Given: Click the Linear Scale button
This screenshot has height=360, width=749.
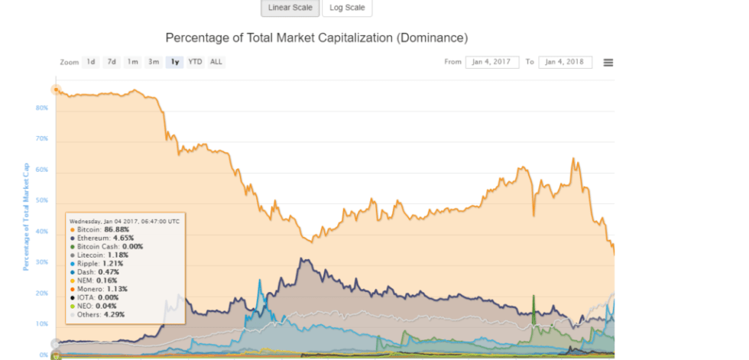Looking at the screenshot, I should [x=290, y=8].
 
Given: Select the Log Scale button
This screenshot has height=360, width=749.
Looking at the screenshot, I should [x=347, y=8].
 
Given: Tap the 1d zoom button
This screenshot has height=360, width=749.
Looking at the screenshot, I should [x=91, y=62].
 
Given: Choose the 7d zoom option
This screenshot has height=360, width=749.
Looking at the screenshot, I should [x=112, y=62].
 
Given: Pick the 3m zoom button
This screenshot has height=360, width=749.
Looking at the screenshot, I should [x=154, y=62].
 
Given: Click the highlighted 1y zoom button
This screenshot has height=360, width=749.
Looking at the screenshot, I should [x=175, y=62].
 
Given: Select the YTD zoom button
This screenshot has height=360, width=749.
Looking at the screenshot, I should [x=196, y=62].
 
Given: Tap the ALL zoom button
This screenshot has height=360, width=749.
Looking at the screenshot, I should [x=216, y=62].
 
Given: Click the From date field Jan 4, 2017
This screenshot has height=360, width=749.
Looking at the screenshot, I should [x=491, y=62].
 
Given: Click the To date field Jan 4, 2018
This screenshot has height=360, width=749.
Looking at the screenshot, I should [x=565, y=62].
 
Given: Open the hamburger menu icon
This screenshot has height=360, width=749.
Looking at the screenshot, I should [x=608, y=62].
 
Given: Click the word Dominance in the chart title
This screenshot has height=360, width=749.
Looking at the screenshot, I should [x=430, y=37].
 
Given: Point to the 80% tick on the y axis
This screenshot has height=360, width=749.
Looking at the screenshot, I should [x=42, y=108].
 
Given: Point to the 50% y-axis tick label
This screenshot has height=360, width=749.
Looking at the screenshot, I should [x=42, y=201].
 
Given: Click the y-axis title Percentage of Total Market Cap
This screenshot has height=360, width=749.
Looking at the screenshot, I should [x=26, y=216].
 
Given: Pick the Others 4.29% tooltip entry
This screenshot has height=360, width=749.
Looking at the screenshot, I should [x=99, y=314].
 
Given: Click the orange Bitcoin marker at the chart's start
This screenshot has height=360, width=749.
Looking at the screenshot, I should [x=56, y=89].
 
